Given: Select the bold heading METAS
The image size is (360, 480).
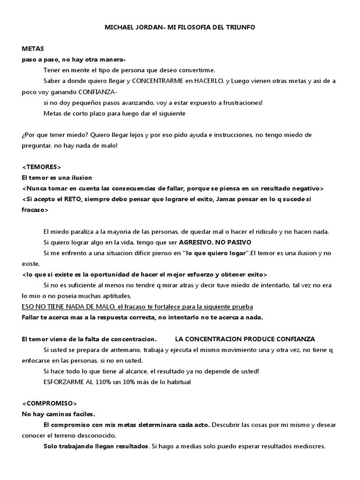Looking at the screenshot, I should pyautogui.click(x=32, y=49).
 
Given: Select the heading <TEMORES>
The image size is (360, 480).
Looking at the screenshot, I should pyautogui.click(x=42, y=167).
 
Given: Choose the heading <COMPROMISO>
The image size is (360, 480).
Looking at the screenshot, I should pyautogui.click(x=49, y=404).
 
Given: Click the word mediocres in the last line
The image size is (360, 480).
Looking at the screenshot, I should pyautogui.click(x=308, y=446).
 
